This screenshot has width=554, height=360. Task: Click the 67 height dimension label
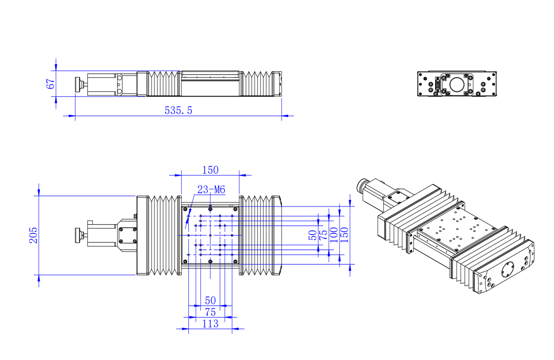(x=51, y=84)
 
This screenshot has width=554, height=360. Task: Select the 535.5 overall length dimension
(x=178, y=110)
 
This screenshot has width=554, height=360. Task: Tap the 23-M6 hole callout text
(x=211, y=190)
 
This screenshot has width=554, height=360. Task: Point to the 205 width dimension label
(x=33, y=235)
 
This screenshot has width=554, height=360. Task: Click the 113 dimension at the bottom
(x=210, y=324)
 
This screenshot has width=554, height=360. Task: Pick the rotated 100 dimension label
(x=333, y=235)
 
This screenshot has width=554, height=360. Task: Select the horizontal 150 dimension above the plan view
(x=210, y=170)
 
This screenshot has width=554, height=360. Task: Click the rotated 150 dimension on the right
(x=344, y=235)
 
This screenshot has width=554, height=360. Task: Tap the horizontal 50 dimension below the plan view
(x=210, y=300)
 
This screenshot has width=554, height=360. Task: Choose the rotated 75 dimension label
(x=323, y=235)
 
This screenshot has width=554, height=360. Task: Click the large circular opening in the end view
(x=457, y=85)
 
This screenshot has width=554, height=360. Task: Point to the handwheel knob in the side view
(x=78, y=85)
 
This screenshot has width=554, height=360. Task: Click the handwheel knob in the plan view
(x=78, y=235)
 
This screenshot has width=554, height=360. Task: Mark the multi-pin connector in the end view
(x=437, y=86)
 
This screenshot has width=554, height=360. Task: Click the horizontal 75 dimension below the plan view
(x=210, y=312)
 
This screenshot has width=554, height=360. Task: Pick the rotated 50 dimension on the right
(x=313, y=235)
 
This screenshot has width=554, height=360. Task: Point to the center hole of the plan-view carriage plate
(x=211, y=235)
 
